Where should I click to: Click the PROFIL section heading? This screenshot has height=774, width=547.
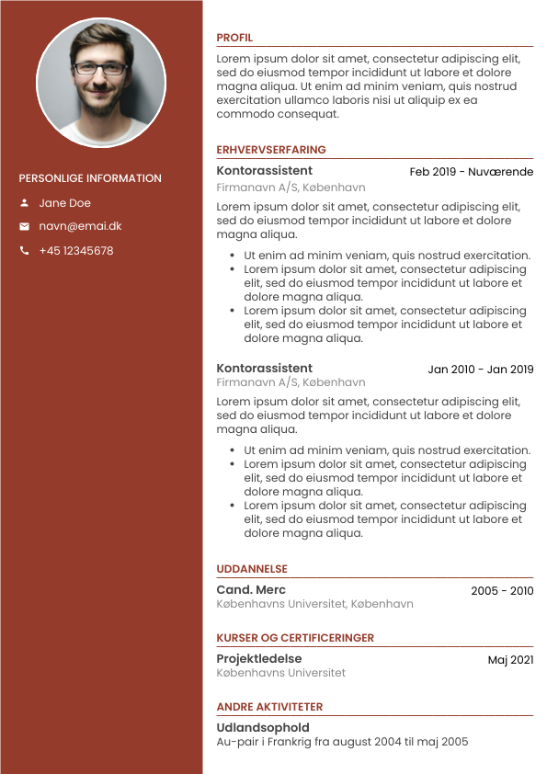pos(234,38)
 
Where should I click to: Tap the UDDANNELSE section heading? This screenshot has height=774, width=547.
pos(252,569)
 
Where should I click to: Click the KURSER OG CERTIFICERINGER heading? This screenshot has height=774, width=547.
pos(295,638)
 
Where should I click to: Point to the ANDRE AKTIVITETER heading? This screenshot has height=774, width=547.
pos(269,707)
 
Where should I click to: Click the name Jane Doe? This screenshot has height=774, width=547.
pos(64,203)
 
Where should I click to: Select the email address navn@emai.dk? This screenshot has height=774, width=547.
pos(80,226)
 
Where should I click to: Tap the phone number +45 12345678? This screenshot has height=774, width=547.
pos(76,251)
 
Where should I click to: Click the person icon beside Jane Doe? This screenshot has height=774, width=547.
pos(24,203)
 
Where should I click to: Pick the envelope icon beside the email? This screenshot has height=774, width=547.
pos(24,226)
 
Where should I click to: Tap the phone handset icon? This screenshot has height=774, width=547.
pos(24,251)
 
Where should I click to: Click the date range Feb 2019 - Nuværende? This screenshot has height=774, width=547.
pos(471,172)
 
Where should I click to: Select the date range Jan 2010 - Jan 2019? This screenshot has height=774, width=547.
pos(480,370)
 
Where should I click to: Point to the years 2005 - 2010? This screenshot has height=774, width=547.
pos(502,591)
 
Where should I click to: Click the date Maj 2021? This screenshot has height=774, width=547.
pos(510,660)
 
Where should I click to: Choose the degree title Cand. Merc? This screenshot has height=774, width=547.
pos(251,590)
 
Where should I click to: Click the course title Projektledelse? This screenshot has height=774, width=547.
pos(258,659)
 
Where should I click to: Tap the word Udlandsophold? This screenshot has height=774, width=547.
pos(263,728)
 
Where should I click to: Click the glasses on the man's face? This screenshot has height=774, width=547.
pos(100,68)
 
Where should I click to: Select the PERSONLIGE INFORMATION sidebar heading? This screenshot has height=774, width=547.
pos(90,178)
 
